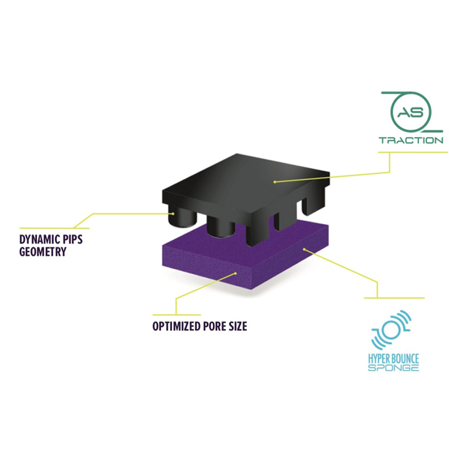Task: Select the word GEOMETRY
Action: (x=43, y=251)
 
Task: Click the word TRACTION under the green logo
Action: (x=411, y=140)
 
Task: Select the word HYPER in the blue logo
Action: (x=378, y=359)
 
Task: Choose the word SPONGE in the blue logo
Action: (x=393, y=368)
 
